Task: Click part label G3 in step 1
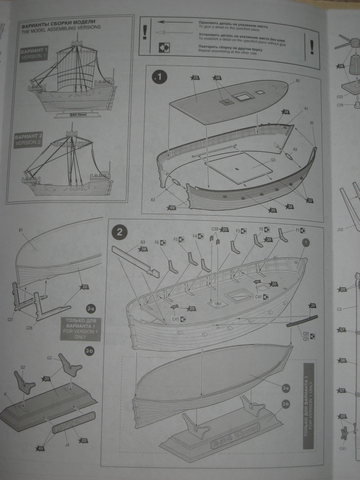(x=273, y=160)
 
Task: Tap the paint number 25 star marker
(x=195, y=77)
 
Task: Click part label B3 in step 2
(x=142, y=242)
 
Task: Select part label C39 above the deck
(x=215, y=229)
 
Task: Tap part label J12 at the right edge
(x=340, y=229)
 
